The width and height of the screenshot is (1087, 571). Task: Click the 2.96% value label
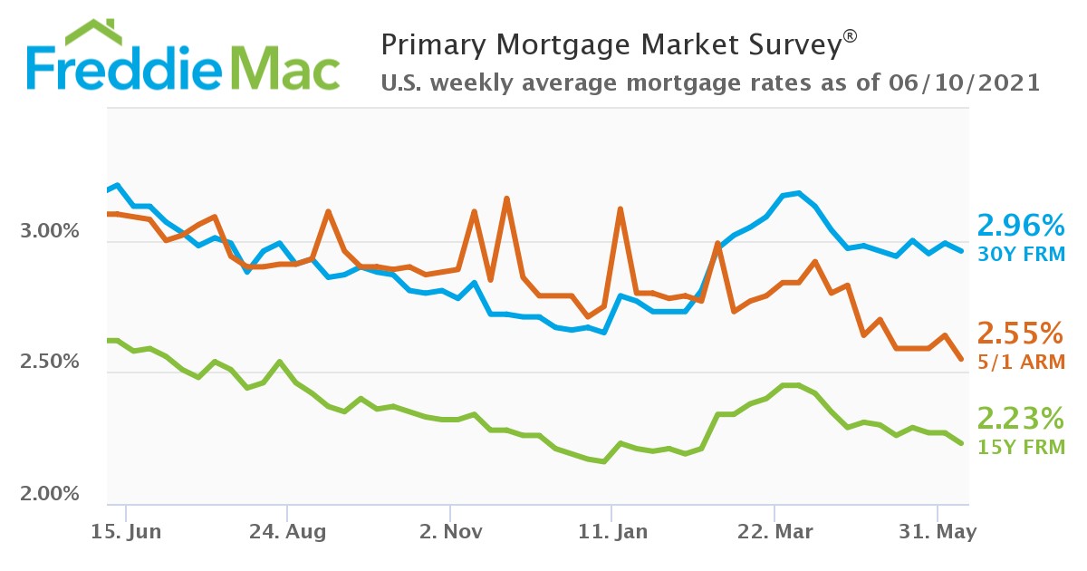tap(1020, 225)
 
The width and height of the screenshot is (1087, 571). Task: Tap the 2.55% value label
tap(1020, 334)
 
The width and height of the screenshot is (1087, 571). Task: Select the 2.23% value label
tap(1020, 419)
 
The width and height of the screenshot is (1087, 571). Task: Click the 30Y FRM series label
tap(1020, 255)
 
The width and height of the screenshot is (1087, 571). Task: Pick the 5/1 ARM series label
tap(1020, 362)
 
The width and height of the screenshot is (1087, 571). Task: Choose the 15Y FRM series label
tap(1020, 447)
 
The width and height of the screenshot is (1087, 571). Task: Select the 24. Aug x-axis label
tap(286, 532)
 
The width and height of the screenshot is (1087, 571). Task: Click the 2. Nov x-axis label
tap(449, 532)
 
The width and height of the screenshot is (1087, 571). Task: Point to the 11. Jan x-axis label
tap(612, 532)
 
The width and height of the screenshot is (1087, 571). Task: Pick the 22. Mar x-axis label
tap(775, 532)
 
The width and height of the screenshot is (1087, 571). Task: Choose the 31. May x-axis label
tap(938, 532)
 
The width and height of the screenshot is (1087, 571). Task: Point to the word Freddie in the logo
tap(118, 67)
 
